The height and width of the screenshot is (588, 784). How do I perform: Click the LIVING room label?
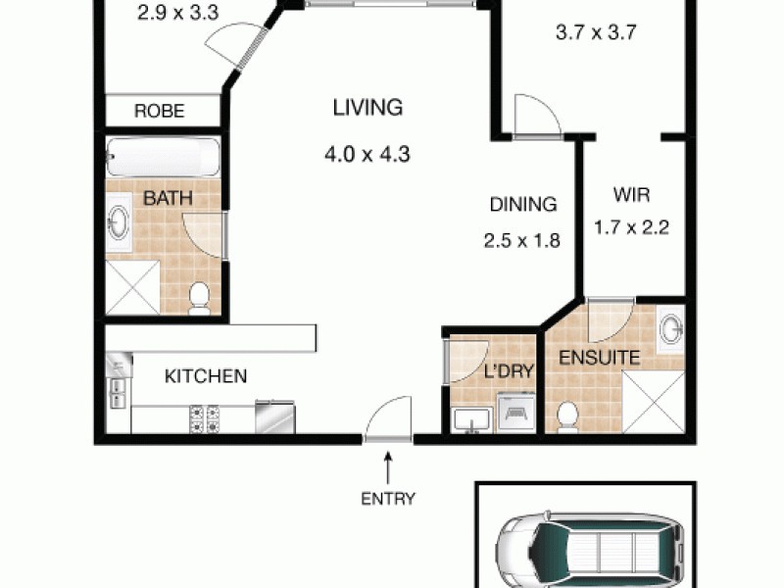pos(367,108)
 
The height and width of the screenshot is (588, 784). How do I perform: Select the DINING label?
pos(523,205)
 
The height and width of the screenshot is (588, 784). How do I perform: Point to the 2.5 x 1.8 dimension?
pos(523,240)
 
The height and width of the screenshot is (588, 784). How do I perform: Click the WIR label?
pos(632,193)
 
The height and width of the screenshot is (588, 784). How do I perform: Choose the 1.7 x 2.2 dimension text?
pos(631,228)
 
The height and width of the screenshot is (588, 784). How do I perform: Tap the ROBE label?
pos(159,111)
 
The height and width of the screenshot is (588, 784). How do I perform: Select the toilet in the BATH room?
pos(199,297)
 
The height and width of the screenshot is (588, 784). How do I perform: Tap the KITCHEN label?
pos(205,375)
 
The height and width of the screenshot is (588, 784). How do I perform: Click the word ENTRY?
pos(388,498)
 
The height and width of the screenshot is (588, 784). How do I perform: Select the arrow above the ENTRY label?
pos(389,465)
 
